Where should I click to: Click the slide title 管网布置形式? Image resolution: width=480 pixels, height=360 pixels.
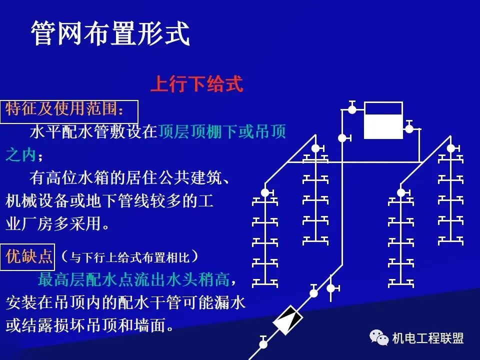110,34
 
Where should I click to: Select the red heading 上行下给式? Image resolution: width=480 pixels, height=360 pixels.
196,84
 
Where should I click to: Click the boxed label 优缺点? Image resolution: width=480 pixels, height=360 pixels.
29,257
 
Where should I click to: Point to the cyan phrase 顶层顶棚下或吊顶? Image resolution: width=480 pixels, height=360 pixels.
222,132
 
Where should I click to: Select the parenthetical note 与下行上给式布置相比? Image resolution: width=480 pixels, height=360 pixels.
129,257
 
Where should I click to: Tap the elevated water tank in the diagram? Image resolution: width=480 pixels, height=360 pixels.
383,120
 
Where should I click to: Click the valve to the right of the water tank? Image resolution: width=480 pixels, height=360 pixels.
409,128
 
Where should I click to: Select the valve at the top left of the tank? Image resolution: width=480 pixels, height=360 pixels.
352,109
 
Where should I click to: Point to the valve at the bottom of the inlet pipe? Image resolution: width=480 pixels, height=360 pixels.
263,343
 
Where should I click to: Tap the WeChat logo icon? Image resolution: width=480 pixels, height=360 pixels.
379,338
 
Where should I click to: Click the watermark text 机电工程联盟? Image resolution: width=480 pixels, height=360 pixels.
427,338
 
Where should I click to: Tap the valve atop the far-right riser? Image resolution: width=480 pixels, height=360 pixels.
451,148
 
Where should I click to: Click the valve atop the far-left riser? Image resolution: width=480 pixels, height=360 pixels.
265,192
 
